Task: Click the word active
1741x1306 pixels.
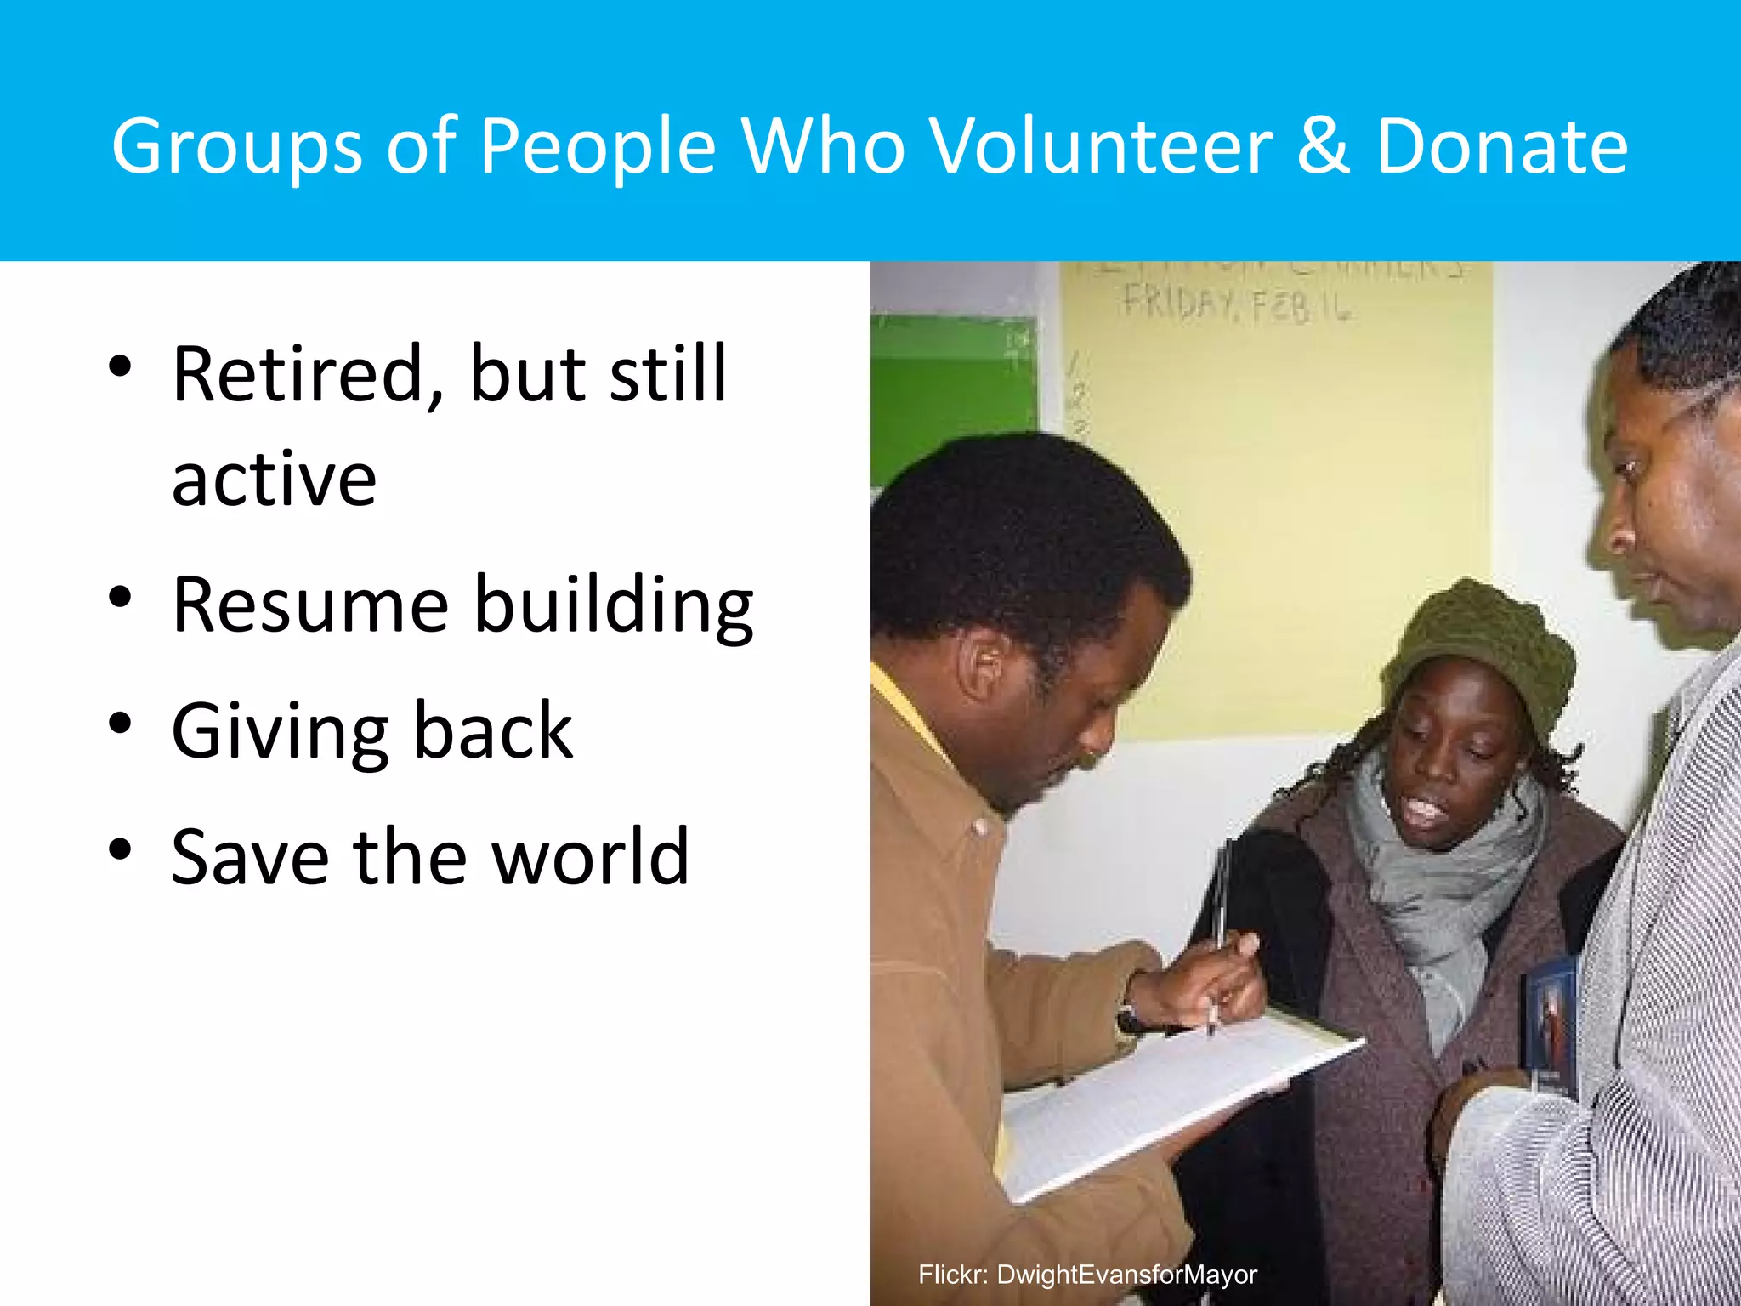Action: (x=274, y=480)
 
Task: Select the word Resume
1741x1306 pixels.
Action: (x=310, y=605)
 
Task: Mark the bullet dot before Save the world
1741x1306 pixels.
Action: (x=121, y=849)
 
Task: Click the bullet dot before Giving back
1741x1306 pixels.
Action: (x=121, y=724)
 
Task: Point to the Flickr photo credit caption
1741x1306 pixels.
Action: (x=1087, y=1275)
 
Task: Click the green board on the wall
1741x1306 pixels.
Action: (x=952, y=391)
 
